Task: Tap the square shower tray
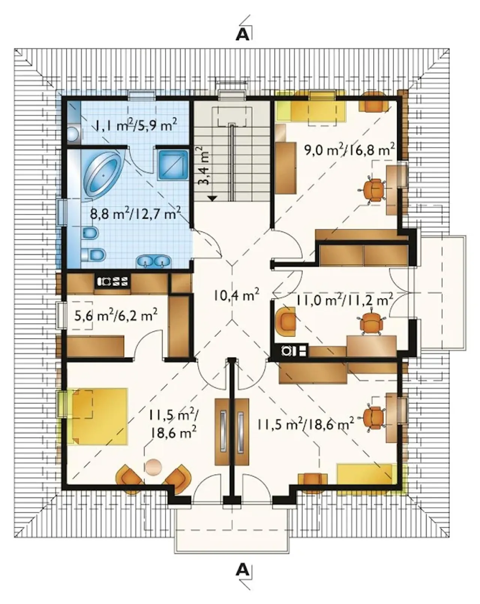172,165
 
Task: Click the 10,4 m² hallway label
236,295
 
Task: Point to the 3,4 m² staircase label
204,166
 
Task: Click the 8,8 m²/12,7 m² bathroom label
135,214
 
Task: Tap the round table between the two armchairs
153,467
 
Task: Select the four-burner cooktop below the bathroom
112,281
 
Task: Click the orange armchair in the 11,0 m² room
286,321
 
